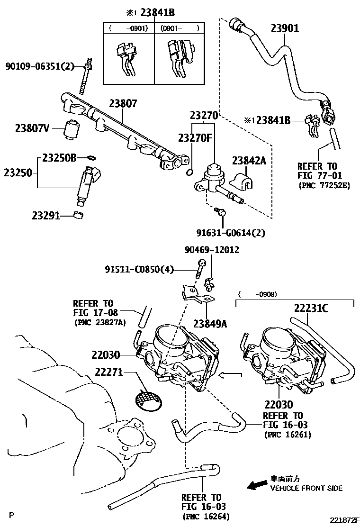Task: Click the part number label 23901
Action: point(285,28)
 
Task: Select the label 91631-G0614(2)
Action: point(231,233)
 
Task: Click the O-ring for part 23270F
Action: point(189,171)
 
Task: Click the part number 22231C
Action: point(310,309)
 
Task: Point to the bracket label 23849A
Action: point(210,324)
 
